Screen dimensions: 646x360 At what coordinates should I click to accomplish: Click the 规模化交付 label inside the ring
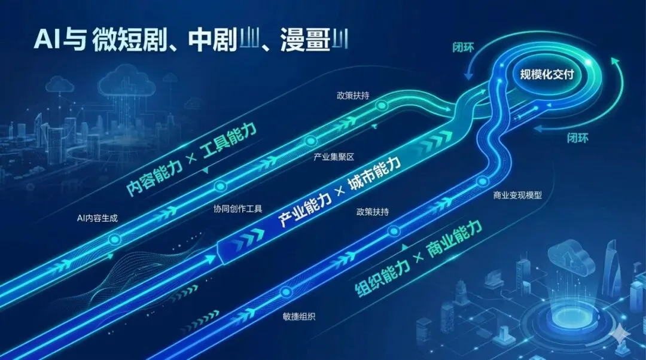[547, 75]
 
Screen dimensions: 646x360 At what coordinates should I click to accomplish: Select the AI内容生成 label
[97, 218]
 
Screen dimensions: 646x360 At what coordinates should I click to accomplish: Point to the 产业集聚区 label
[334, 157]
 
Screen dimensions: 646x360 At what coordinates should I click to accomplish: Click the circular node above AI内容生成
[115, 239]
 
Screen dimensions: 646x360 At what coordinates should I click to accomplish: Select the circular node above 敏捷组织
[285, 292]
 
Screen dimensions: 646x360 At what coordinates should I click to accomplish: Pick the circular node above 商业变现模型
[483, 181]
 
